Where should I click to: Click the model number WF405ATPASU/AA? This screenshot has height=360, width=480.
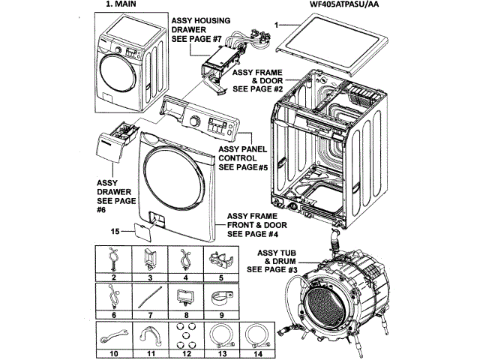[343, 4]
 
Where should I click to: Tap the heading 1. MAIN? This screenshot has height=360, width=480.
[121, 4]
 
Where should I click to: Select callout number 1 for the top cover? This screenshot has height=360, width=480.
[277, 25]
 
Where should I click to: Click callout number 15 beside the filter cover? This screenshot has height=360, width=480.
[115, 231]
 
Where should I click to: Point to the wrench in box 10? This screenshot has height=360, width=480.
[113, 335]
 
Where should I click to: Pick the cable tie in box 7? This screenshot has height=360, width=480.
[150, 297]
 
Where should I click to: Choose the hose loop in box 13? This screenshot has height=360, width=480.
[222, 337]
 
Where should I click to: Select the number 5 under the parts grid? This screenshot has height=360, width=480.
[221, 277]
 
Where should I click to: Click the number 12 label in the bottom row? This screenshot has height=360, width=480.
[187, 354]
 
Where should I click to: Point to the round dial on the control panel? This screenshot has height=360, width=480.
[193, 121]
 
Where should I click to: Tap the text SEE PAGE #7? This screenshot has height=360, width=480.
[196, 39]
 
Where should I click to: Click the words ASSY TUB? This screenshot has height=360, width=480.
[277, 253]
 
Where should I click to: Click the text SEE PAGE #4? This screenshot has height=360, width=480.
[253, 234]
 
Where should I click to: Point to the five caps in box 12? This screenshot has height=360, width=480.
[187, 335]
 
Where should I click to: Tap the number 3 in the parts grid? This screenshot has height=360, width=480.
[150, 277]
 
